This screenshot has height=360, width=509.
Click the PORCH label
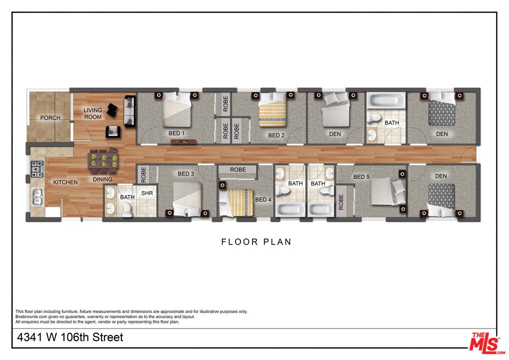(50, 118)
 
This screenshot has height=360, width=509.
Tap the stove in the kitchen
(37, 169)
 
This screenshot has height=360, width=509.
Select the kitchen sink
(37, 197)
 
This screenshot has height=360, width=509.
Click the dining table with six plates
(103, 160)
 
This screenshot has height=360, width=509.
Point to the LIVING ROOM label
(92, 113)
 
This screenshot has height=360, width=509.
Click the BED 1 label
(176, 133)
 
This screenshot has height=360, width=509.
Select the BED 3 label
(185, 173)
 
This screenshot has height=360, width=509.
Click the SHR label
(147, 193)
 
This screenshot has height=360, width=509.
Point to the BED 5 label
(361, 176)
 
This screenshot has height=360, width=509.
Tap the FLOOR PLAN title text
(256, 242)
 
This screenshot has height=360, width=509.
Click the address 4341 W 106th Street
(70, 337)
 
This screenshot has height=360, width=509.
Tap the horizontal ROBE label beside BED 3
(238, 170)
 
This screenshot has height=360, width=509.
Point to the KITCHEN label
(65, 182)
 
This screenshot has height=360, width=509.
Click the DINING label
(102, 179)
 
